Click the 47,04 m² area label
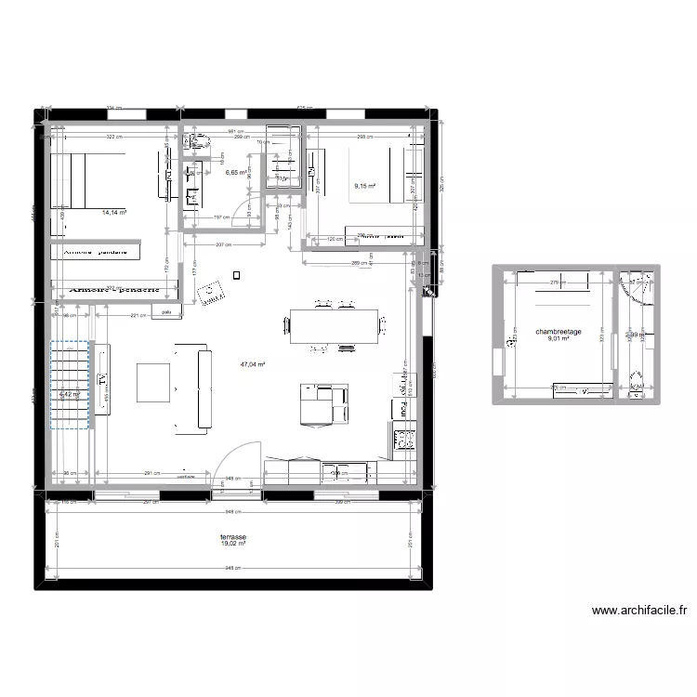point(253,365)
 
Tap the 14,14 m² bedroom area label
point(114,213)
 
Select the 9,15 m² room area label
point(364,186)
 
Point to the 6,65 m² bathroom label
point(235,172)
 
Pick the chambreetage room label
point(558,331)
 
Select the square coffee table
point(153,382)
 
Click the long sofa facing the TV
point(191,388)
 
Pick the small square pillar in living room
point(237,274)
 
